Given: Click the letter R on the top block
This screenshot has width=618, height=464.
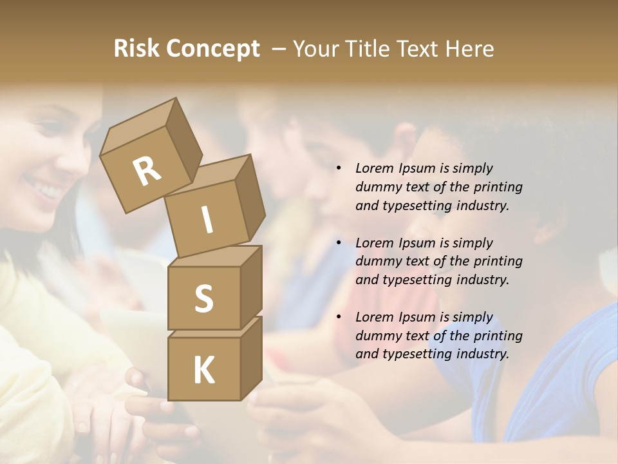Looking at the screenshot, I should click(147, 171).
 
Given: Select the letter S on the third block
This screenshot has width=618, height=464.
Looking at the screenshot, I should click(203, 298).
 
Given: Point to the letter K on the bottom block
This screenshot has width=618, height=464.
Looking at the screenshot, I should click(203, 370).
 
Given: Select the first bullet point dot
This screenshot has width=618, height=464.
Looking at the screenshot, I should click(339, 169).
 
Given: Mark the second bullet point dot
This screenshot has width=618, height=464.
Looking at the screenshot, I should click(339, 244).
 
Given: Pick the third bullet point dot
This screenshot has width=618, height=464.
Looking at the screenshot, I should click(339, 318).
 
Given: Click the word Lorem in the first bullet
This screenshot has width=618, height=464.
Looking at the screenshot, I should click(374, 169).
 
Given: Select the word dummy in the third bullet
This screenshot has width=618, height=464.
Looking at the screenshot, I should click(377, 336).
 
